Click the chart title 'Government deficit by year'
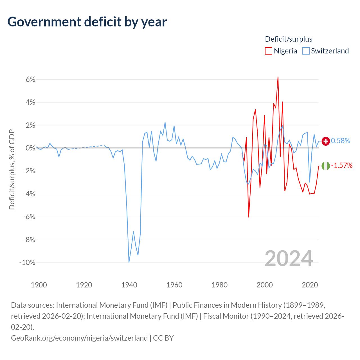pos(87,22)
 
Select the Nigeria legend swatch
pos(269,51)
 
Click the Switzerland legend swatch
pos(306,51)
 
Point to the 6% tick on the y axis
pos(30,79)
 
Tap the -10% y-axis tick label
pos(27,262)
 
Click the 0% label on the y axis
pos(30,148)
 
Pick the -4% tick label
pos(29,194)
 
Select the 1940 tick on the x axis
pos(129,285)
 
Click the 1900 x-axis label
pos(39,285)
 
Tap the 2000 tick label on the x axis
pos(265,285)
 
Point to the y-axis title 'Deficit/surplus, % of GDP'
pos(12,169)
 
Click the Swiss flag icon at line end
pos(326,141)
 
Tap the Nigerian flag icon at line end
pos(326,166)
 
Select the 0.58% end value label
pos(340,141)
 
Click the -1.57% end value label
pos(342,165)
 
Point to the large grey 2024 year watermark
pos(289,258)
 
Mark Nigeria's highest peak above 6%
pos(278,77)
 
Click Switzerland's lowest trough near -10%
pos(129,262)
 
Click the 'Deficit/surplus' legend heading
pos(289,39)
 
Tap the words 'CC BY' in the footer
pos(163,338)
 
